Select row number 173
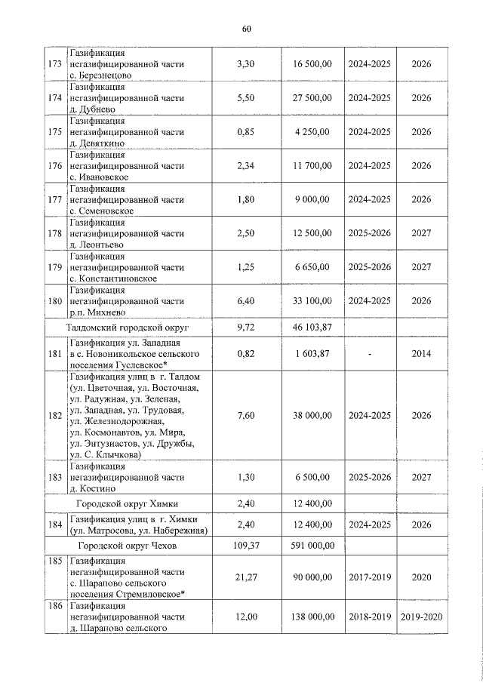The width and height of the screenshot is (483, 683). [54, 64]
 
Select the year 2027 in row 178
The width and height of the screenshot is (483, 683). [421, 233]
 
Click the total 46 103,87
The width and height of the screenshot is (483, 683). [312, 328]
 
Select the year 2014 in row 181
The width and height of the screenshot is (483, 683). [421, 352]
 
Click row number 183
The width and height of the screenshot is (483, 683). [54, 477]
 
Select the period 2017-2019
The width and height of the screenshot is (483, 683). [370, 577]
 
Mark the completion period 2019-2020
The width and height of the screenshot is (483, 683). [421, 617]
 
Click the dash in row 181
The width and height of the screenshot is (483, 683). [370, 352]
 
